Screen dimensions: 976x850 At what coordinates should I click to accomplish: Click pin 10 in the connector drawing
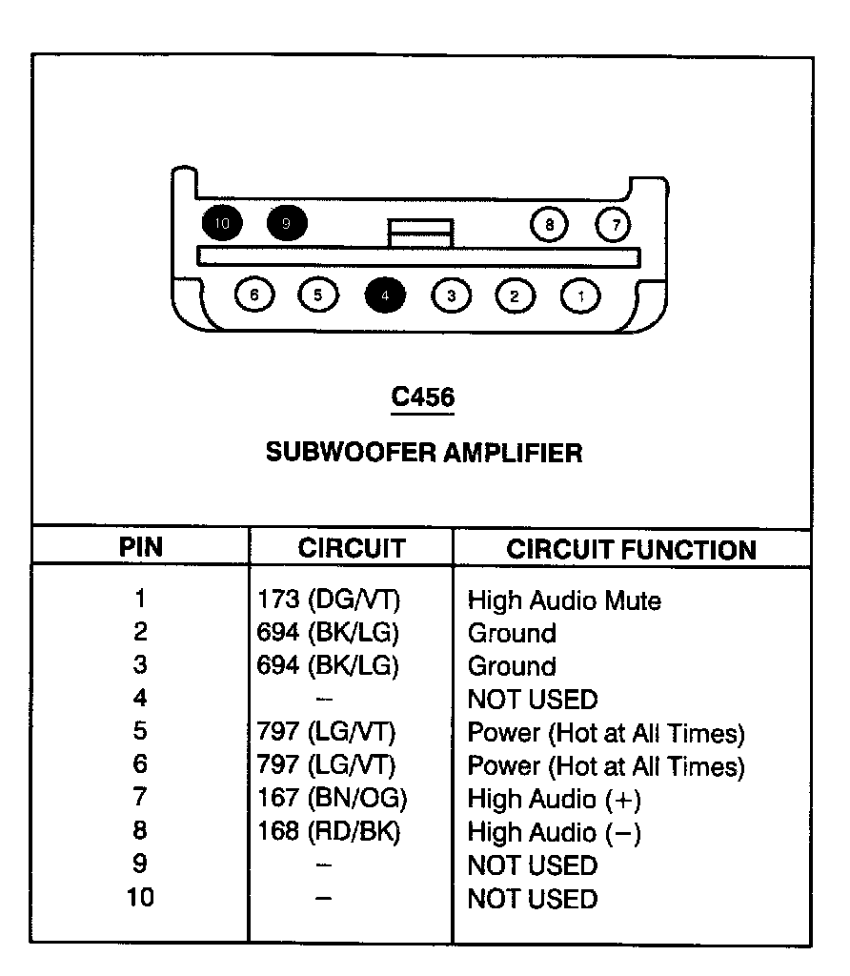click(x=222, y=224)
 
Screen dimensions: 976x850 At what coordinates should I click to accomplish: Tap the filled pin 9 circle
click(x=287, y=224)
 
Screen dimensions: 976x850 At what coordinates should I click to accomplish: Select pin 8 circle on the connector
click(x=549, y=225)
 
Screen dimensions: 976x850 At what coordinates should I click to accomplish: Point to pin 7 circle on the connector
click(x=615, y=225)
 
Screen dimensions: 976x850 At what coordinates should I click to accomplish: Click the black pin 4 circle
click(x=385, y=295)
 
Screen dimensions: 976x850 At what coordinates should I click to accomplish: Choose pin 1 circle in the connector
click(x=580, y=295)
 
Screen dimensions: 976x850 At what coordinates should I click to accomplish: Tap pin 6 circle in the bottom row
click(x=253, y=295)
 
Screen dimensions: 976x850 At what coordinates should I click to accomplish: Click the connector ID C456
click(x=423, y=397)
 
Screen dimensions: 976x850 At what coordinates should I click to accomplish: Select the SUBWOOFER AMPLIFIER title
click(x=423, y=452)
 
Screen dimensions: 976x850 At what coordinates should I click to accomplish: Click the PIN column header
click(x=140, y=547)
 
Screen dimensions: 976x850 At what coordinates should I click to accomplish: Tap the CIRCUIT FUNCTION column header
click(x=631, y=549)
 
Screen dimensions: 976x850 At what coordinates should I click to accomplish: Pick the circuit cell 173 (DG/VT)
click(x=329, y=600)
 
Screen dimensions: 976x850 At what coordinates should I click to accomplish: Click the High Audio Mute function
click(x=563, y=600)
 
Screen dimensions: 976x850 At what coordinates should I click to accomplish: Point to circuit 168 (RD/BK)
click(x=329, y=832)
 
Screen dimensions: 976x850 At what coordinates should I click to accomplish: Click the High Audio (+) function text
click(x=554, y=800)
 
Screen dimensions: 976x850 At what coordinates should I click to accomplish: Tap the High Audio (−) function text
click(x=554, y=833)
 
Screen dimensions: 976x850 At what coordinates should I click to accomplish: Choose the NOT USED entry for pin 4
click(x=532, y=700)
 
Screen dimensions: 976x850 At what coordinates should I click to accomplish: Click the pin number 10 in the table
click(x=140, y=898)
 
